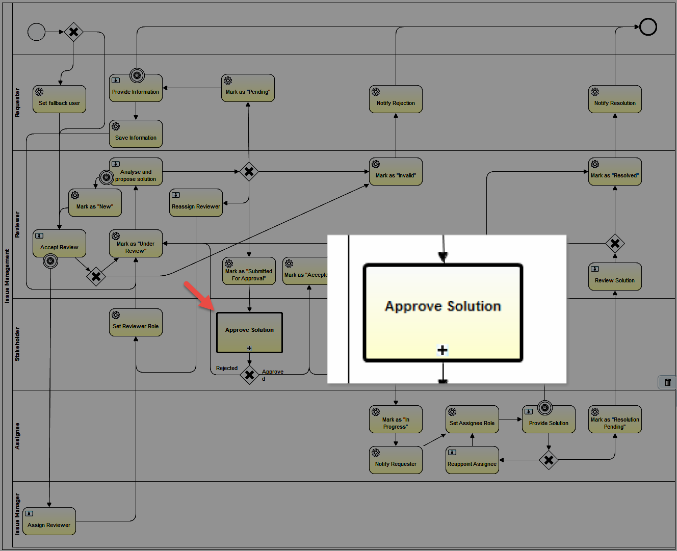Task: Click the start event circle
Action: tap(36, 32)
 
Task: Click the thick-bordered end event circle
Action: tap(648, 27)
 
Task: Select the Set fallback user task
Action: tap(60, 99)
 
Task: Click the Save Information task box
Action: tap(136, 134)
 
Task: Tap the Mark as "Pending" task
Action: tap(248, 88)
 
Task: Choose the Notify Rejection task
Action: tap(396, 99)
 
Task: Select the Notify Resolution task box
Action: tap(615, 99)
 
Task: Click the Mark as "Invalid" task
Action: tap(396, 172)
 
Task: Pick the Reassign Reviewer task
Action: tap(196, 203)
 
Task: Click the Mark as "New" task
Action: tap(95, 203)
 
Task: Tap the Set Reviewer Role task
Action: tap(136, 323)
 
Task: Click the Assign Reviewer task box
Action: tap(49, 521)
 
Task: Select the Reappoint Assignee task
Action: tap(472, 460)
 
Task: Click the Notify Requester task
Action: tap(396, 460)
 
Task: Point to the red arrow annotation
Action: tap(199, 296)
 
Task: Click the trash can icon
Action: tap(667, 382)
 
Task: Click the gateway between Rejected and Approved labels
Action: tap(249, 375)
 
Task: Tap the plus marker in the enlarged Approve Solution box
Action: tap(442, 350)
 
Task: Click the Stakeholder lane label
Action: tap(17, 344)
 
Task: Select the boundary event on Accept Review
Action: tap(50, 261)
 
